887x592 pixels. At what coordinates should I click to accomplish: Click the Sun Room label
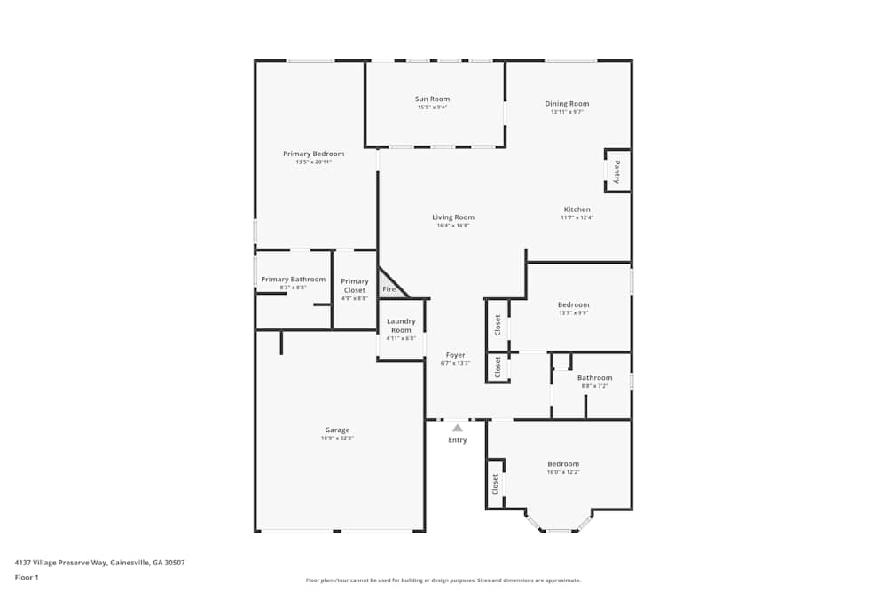tap(433, 99)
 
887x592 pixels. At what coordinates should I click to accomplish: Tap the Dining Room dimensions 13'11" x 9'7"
tap(567, 112)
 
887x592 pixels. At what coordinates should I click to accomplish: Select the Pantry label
tap(617, 170)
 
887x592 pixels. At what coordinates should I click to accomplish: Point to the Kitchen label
tap(577, 209)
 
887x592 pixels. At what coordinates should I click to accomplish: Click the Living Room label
tap(453, 217)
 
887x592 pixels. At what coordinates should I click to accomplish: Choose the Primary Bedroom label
tap(313, 154)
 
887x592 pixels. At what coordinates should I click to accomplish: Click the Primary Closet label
tap(355, 286)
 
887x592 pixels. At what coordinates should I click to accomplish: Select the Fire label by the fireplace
tap(389, 289)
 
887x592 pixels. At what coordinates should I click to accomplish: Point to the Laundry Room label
tap(401, 326)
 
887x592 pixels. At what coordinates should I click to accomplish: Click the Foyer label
tap(455, 355)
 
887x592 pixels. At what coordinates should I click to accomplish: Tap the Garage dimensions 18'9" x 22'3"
tap(337, 438)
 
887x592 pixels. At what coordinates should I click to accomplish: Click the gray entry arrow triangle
tap(458, 428)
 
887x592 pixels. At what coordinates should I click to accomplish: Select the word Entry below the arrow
tap(458, 440)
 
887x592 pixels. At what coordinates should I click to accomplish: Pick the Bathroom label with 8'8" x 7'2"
tap(594, 378)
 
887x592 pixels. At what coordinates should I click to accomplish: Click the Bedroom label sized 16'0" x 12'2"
tap(563, 464)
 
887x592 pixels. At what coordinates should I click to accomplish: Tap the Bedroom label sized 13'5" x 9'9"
tap(574, 304)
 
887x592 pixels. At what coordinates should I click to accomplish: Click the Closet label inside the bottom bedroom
tap(496, 484)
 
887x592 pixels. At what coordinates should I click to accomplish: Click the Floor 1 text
tap(27, 578)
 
